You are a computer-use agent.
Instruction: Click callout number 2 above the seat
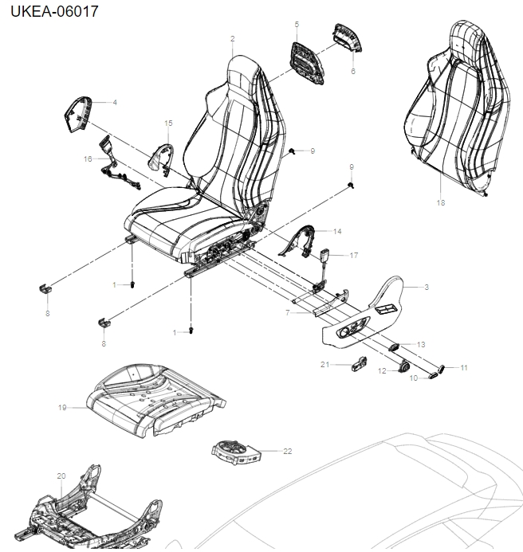(232, 39)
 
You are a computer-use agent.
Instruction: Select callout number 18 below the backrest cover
(441, 202)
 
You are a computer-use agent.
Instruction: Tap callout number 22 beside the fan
(288, 451)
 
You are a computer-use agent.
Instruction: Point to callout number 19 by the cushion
(61, 408)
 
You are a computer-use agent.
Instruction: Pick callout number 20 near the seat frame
(61, 476)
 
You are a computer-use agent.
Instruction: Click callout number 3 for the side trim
(427, 287)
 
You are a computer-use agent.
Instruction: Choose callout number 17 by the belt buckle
(354, 256)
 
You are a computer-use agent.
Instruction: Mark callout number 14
(337, 231)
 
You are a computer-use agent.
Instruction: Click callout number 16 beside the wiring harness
(88, 159)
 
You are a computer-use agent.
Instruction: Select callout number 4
(115, 103)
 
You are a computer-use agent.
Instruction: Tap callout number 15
(168, 123)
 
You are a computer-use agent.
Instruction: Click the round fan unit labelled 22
(237, 452)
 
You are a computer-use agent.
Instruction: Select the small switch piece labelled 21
(360, 366)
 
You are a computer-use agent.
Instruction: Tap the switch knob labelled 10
(436, 371)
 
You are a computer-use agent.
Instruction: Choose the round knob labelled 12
(403, 366)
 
